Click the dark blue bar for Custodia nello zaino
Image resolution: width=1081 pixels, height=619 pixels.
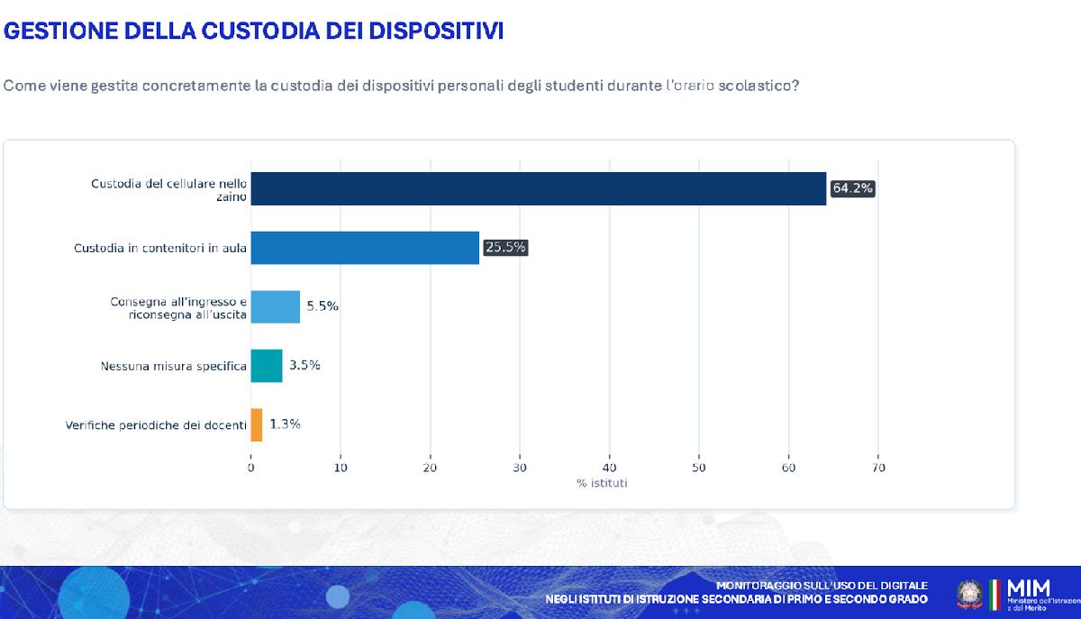538,188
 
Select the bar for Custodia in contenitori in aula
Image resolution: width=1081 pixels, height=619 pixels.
365,248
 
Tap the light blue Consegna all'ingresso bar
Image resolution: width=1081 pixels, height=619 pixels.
275,306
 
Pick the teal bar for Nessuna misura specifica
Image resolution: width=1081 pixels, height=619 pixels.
267,366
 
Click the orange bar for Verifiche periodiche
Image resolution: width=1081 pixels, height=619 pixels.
257,424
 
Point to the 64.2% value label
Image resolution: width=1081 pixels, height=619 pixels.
852,188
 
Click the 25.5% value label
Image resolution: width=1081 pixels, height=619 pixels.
505,248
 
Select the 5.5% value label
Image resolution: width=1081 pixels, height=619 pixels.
322,306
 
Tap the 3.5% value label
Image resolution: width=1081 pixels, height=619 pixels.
304,366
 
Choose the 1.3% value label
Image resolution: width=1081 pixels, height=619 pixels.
285,424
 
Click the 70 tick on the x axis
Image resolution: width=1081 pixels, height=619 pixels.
878,468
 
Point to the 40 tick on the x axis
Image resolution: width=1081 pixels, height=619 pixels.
609,468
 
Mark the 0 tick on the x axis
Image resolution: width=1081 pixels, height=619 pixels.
250,468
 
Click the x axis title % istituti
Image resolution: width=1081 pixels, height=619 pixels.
602,484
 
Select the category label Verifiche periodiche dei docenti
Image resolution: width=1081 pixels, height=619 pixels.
156,425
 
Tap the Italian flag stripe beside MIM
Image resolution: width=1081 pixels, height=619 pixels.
995,596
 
